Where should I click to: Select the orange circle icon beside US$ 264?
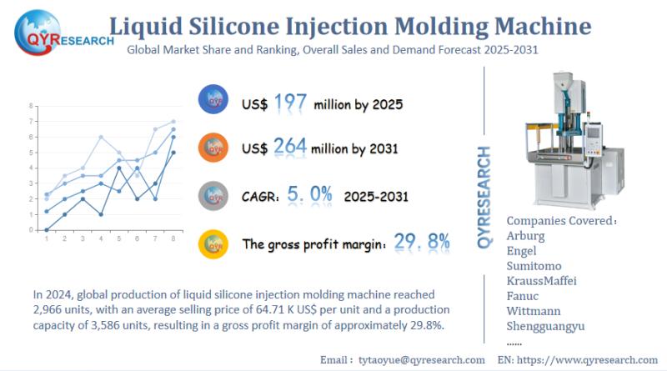tap(215, 148)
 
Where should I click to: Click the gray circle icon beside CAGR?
tap(215, 196)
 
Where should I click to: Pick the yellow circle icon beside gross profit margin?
tap(215, 243)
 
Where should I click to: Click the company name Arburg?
tap(526, 236)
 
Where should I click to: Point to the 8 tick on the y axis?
tap(31, 106)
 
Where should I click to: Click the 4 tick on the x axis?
tap(101, 238)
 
